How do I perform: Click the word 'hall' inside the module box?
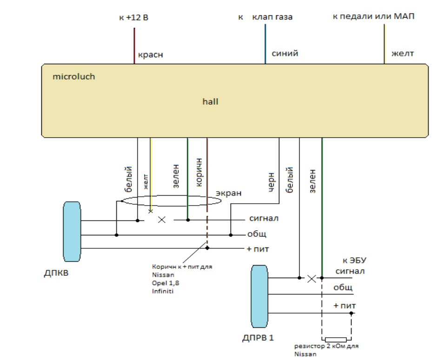coord(211,100)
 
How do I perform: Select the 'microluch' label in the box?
coord(74,76)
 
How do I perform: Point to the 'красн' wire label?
coord(150,55)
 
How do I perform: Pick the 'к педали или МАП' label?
coord(373,17)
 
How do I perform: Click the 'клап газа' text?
coord(273,18)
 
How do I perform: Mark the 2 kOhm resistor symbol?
coord(335,340)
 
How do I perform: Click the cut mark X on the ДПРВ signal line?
coord(311,279)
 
